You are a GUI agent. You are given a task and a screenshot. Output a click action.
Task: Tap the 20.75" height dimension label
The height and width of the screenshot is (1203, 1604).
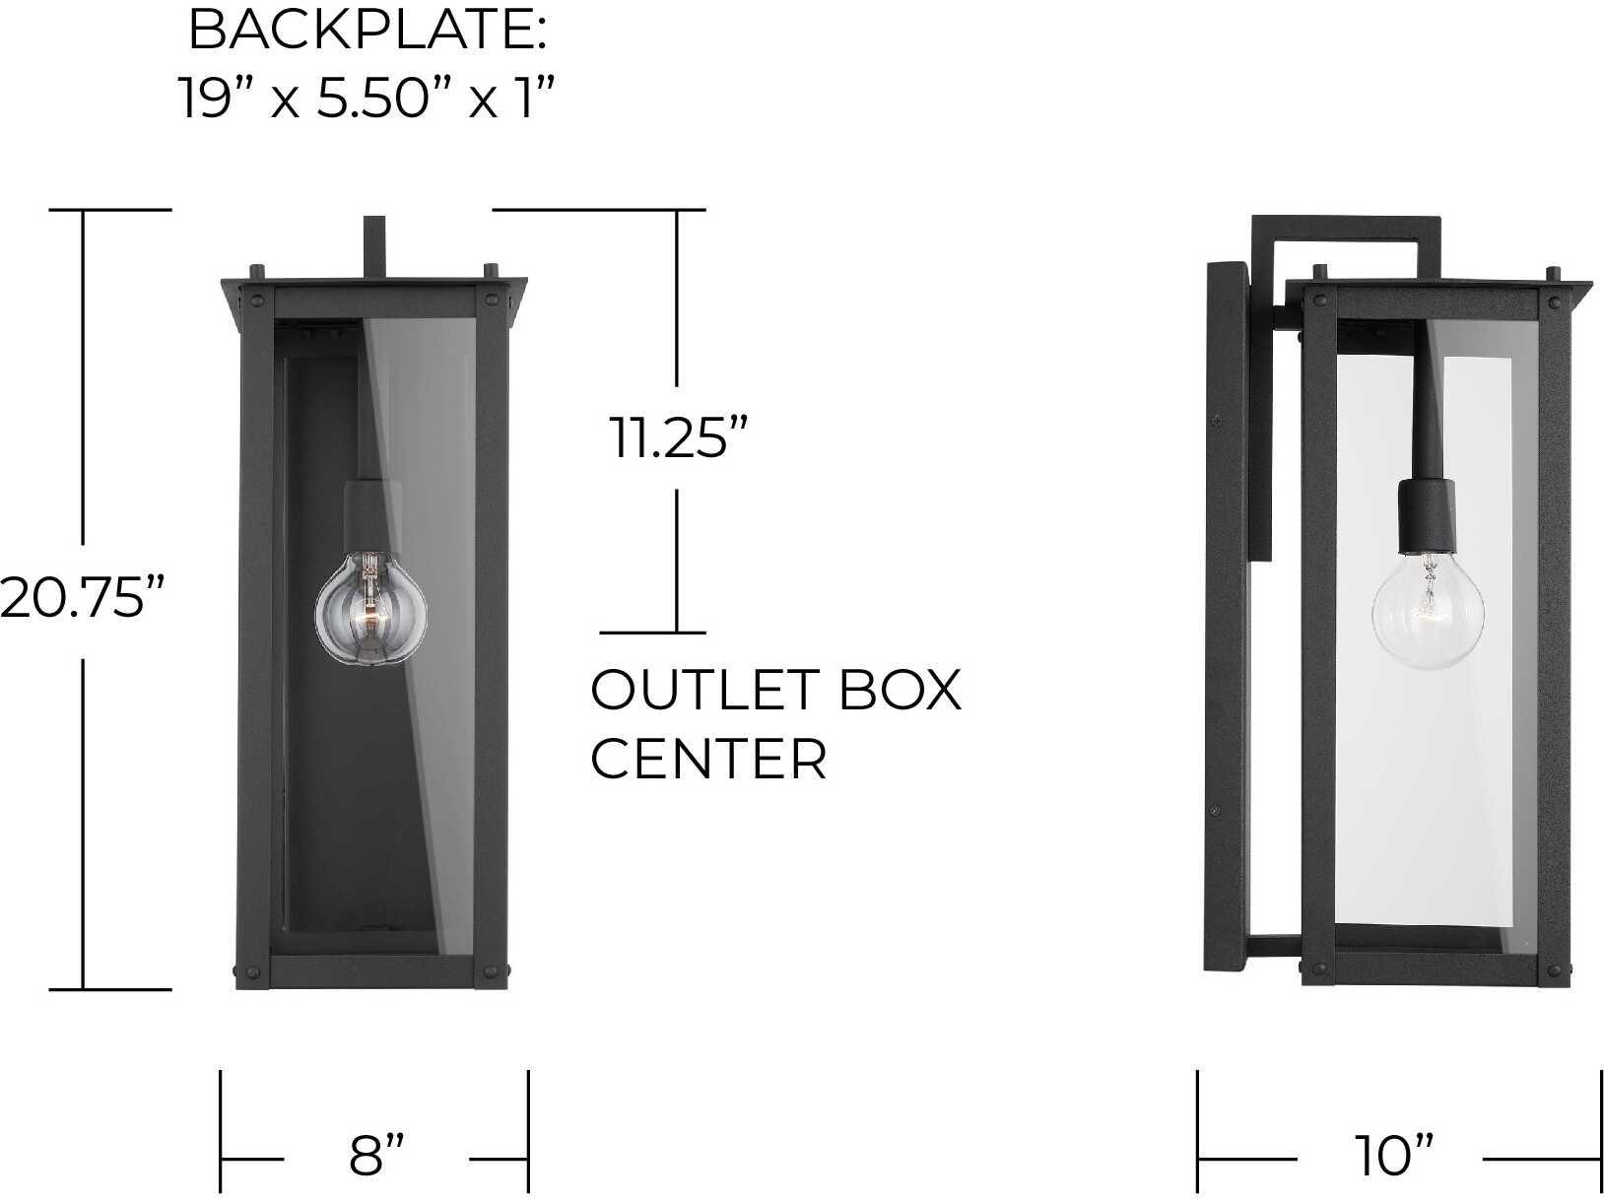click(x=82, y=599)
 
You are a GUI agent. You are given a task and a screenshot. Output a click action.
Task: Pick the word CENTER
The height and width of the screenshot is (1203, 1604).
click(x=708, y=759)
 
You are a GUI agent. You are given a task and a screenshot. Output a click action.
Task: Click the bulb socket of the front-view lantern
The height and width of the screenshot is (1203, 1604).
click(x=368, y=514)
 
